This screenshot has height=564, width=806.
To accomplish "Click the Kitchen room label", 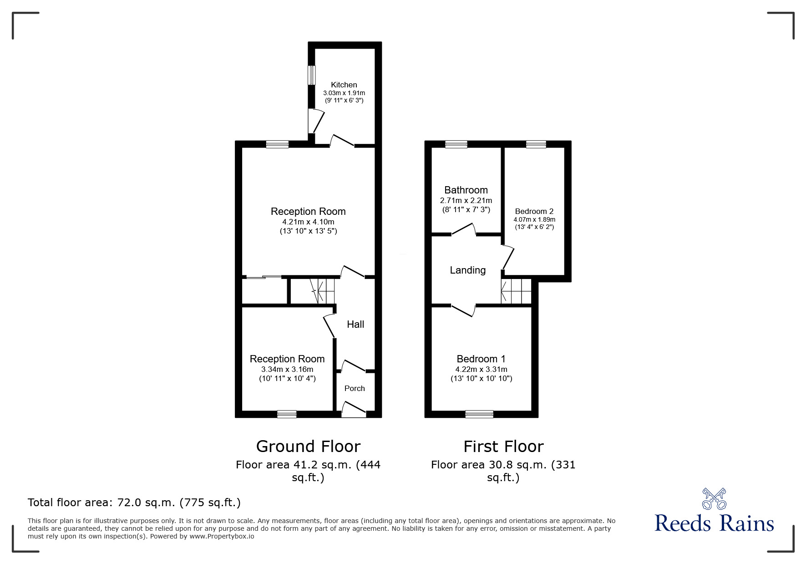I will (x=344, y=85).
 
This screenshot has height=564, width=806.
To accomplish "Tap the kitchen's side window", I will (x=312, y=75).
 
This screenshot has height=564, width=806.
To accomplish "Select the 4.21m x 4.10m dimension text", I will (x=308, y=222).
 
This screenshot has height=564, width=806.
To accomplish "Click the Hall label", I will (x=355, y=324).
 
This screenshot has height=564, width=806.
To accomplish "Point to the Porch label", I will (x=355, y=388).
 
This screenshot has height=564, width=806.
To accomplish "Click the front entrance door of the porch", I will (x=354, y=409).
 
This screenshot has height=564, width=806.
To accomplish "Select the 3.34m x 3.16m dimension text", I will (x=287, y=369).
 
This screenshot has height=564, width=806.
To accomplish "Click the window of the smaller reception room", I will (x=287, y=414).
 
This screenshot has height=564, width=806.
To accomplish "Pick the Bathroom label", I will (x=466, y=190).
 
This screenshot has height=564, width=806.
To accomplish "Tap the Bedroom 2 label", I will (x=534, y=211).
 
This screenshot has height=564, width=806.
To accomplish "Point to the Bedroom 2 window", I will (x=536, y=144).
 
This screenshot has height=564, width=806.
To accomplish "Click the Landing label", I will (x=467, y=270).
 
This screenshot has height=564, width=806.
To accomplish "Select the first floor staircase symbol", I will (x=516, y=291).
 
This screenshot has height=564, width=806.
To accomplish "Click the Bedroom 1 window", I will (x=479, y=414).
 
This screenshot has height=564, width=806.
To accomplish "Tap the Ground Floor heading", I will (x=308, y=446).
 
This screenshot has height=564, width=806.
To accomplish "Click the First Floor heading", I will (x=503, y=446).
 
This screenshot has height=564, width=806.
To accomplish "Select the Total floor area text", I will (x=134, y=503).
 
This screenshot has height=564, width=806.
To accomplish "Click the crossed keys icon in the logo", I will (x=714, y=498).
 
